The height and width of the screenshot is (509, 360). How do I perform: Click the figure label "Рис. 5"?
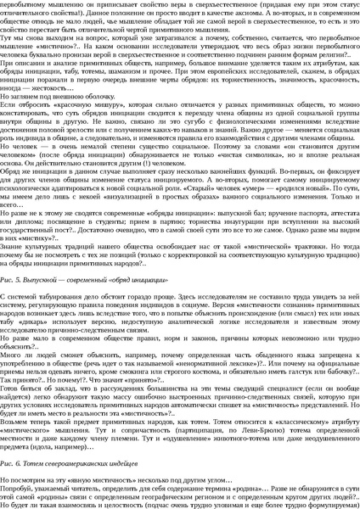click(14, 277)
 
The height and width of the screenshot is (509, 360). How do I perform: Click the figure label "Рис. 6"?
click(14, 466)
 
